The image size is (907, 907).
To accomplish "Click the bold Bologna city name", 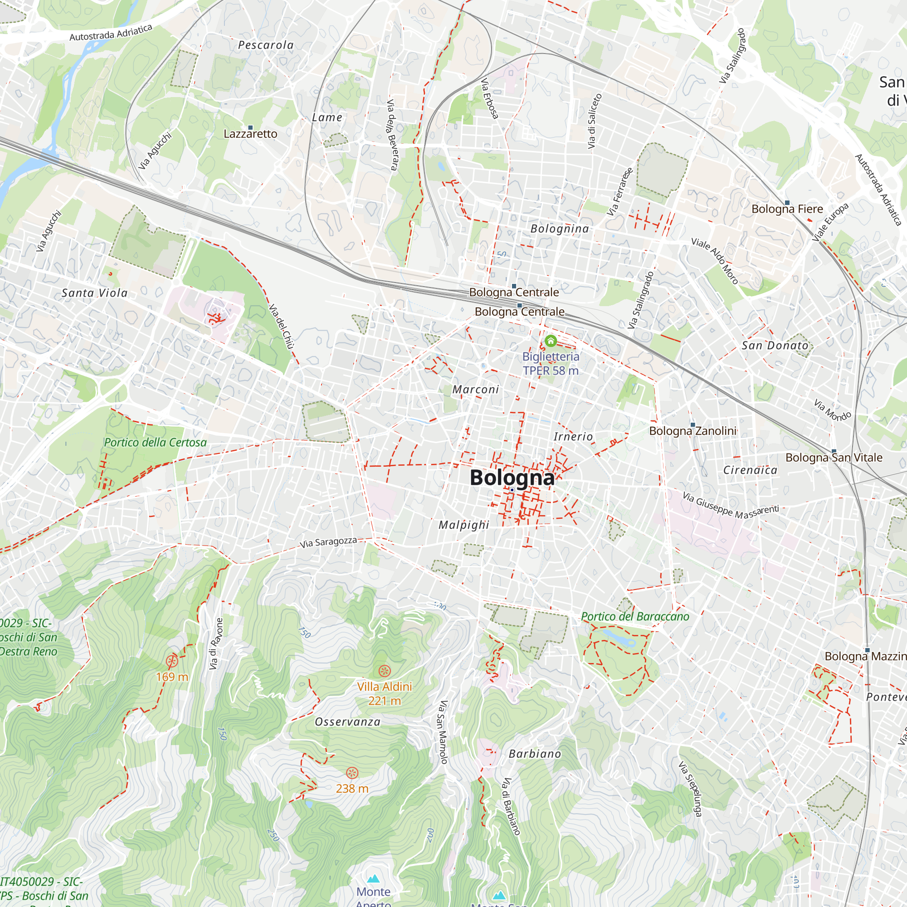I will [x=512, y=478].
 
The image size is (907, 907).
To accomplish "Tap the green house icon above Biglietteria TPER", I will [x=550, y=341].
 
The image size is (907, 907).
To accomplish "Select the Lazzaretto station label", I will [x=250, y=134].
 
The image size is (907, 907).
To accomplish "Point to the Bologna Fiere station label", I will [x=787, y=209].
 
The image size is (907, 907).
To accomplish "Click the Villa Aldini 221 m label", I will [x=385, y=693].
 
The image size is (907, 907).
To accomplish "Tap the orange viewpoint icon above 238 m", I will [x=352, y=773].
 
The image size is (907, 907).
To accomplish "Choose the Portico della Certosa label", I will [x=155, y=442].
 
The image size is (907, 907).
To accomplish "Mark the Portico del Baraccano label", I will [x=635, y=616].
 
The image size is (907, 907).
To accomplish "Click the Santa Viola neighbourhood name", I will [x=94, y=293].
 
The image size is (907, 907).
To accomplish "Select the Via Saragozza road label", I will [x=328, y=542].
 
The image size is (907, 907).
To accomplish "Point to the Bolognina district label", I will [x=560, y=229].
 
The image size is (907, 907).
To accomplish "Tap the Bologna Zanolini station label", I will [x=692, y=430].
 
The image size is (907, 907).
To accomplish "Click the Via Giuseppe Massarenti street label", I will [x=731, y=506].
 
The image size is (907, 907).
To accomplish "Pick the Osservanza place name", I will [x=347, y=722].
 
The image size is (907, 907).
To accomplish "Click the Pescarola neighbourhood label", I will [x=266, y=45].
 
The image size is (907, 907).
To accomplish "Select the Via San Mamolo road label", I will [x=443, y=732].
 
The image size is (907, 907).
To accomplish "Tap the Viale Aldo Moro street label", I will [x=715, y=261].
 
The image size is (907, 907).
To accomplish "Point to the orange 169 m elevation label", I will [x=172, y=677].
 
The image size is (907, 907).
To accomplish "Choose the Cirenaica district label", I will [x=750, y=470].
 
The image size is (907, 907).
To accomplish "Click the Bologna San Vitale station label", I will [x=834, y=457].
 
